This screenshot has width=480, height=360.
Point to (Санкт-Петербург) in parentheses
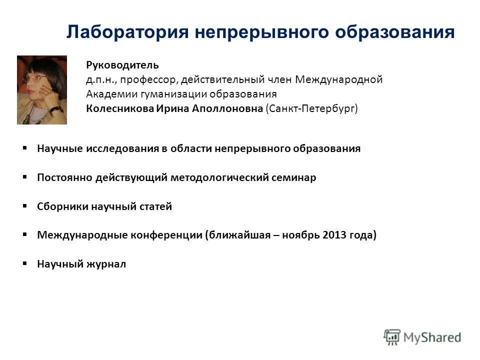312,108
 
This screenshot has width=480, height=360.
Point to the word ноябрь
306,235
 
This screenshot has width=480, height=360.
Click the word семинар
294,177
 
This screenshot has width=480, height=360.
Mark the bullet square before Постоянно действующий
25,177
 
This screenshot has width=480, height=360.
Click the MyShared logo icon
392,336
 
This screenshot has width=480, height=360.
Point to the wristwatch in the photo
56,109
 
